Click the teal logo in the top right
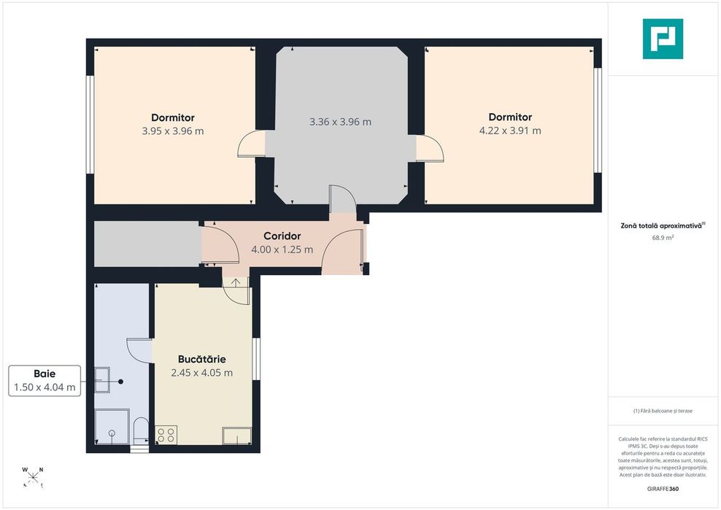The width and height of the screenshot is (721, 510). [x=663, y=39]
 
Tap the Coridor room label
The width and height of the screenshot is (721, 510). [x=282, y=236]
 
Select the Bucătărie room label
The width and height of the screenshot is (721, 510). [x=202, y=359]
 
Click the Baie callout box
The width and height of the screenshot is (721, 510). [x=45, y=381]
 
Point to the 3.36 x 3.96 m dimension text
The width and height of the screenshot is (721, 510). [x=340, y=122]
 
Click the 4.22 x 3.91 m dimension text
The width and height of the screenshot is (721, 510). [x=510, y=131]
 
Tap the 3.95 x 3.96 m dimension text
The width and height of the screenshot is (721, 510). [x=173, y=131]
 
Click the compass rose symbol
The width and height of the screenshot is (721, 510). [x=33, y=477]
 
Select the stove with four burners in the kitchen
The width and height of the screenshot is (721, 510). [x=166, y=436]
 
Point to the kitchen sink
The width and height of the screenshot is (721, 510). [x=237, y=436]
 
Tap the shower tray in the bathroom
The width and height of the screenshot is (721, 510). [x=112, y=427]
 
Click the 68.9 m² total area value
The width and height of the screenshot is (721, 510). [x=663, y=238]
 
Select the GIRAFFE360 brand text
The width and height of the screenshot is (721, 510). [x=663, y=489]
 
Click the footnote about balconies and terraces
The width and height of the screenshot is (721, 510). [x=663, y=411]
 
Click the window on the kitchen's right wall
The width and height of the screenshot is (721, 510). [x=257, y=359]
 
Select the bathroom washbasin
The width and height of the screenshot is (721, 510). [x=102, y=380]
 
